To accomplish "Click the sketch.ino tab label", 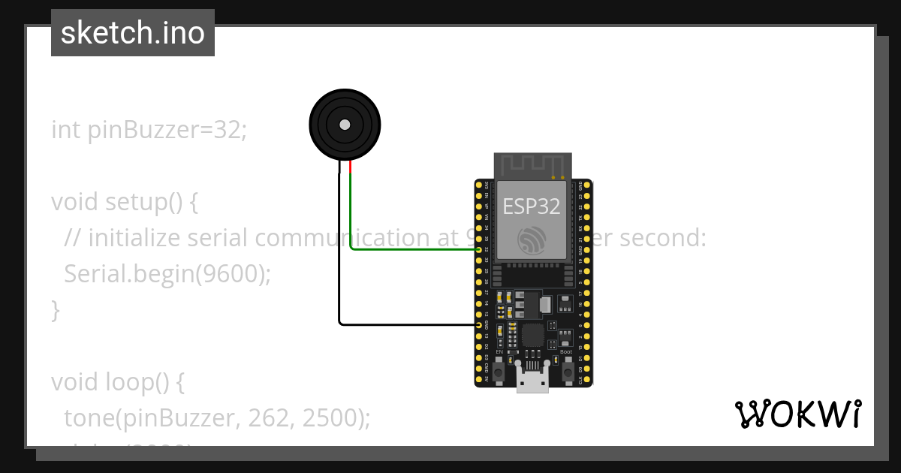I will (133, 33).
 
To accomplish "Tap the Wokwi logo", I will (797, 414).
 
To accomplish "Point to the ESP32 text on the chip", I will (532, 206).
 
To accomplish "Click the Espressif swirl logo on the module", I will (532, 239).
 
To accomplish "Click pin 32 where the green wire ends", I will (479, 250).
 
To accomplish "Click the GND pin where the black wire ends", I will (479, 324).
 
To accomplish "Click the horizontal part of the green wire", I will (413, 250).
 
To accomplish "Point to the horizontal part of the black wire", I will (409, 324).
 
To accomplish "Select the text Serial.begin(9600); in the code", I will (167, 274).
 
